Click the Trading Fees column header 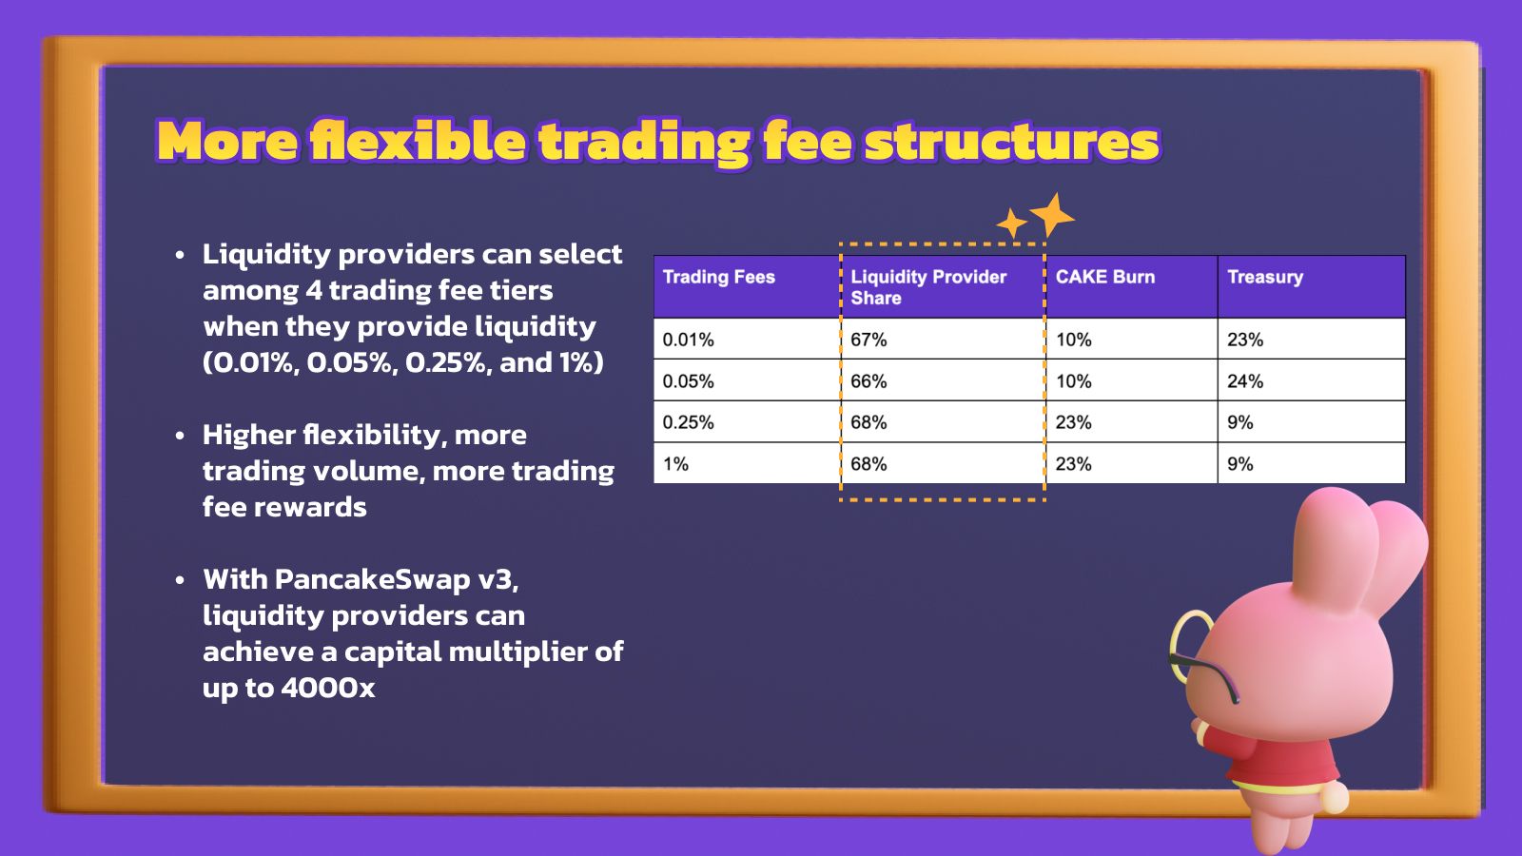[718, 277]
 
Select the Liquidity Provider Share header [928, 287]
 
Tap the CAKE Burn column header [1104, 277]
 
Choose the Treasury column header [1265, 277]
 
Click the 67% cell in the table [868, 340]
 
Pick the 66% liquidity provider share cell [868, 381]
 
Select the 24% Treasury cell [1245, 381]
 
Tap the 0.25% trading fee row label [689, 422]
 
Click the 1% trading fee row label [675, 464]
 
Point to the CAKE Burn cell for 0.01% [1074, 340]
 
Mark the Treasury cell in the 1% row [1240, 464]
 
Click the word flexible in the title [418, 141]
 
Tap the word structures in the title [1012, 142]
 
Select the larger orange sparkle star [1052, 215]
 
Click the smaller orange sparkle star [1012, 224]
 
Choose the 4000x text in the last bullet [328, 689]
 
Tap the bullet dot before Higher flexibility [180, 436]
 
